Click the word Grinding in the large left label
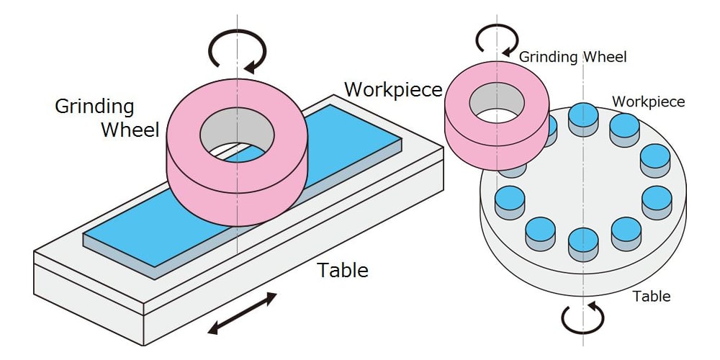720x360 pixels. tap(94, 107)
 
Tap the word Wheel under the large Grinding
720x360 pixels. tap(130, 130)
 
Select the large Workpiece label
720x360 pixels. tap(393, 89)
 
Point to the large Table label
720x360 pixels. tap(343, 270)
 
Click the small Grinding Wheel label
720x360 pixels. tap(572, 58)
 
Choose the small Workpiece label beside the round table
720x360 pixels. tap(649, 102)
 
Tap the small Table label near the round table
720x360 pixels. tap(652, 296)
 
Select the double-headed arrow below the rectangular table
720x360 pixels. tap(242, 313)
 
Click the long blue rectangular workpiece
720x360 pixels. tap(138, 234)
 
